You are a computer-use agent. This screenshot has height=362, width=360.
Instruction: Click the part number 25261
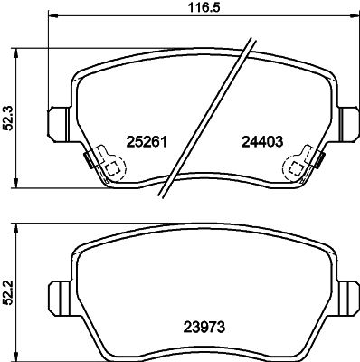pyautogui.click(x=147, y=142)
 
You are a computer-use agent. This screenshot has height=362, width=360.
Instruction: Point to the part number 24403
pyautogui.click(x=262, y=142)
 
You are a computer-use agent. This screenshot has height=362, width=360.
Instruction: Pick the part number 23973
pyautogui.click(x=204, y=327)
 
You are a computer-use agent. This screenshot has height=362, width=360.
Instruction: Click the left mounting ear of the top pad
pyautogui.click(x=58, y=124)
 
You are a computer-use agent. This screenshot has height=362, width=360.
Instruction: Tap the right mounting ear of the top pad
pyautogui.click(x=349, y=124)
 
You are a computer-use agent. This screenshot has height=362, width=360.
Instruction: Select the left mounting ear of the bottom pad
pyautogui.click(x=60, y=299)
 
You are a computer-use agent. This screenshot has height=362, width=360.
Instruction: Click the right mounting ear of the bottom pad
pyautogui.click(x=349, y=299)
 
